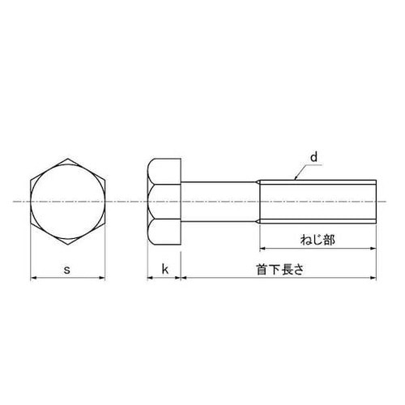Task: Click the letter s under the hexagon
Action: click(67, 270)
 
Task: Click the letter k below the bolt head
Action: click(165, 269)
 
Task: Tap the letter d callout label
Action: click(313, 157)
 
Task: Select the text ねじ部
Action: click(318, 240)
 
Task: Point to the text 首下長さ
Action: click(280, 270)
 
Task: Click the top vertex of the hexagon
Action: click(67, 159)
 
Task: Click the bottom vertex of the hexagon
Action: click(67, 245)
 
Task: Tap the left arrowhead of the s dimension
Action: click(33, 277)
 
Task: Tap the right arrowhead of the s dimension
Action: click(102, 277)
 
